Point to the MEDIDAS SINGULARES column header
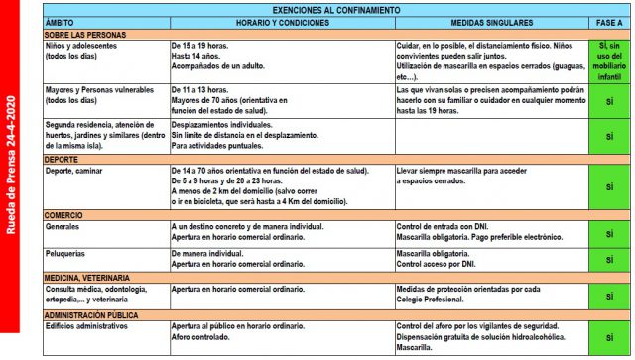point(491,21)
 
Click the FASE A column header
point(608,21)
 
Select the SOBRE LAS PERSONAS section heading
point(83,33)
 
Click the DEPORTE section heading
point(63,158)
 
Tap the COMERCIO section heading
point(66,214)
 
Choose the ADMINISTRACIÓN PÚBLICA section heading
point(96,314)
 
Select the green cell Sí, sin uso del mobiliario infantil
point(608,60)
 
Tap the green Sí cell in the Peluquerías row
point(608,260)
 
